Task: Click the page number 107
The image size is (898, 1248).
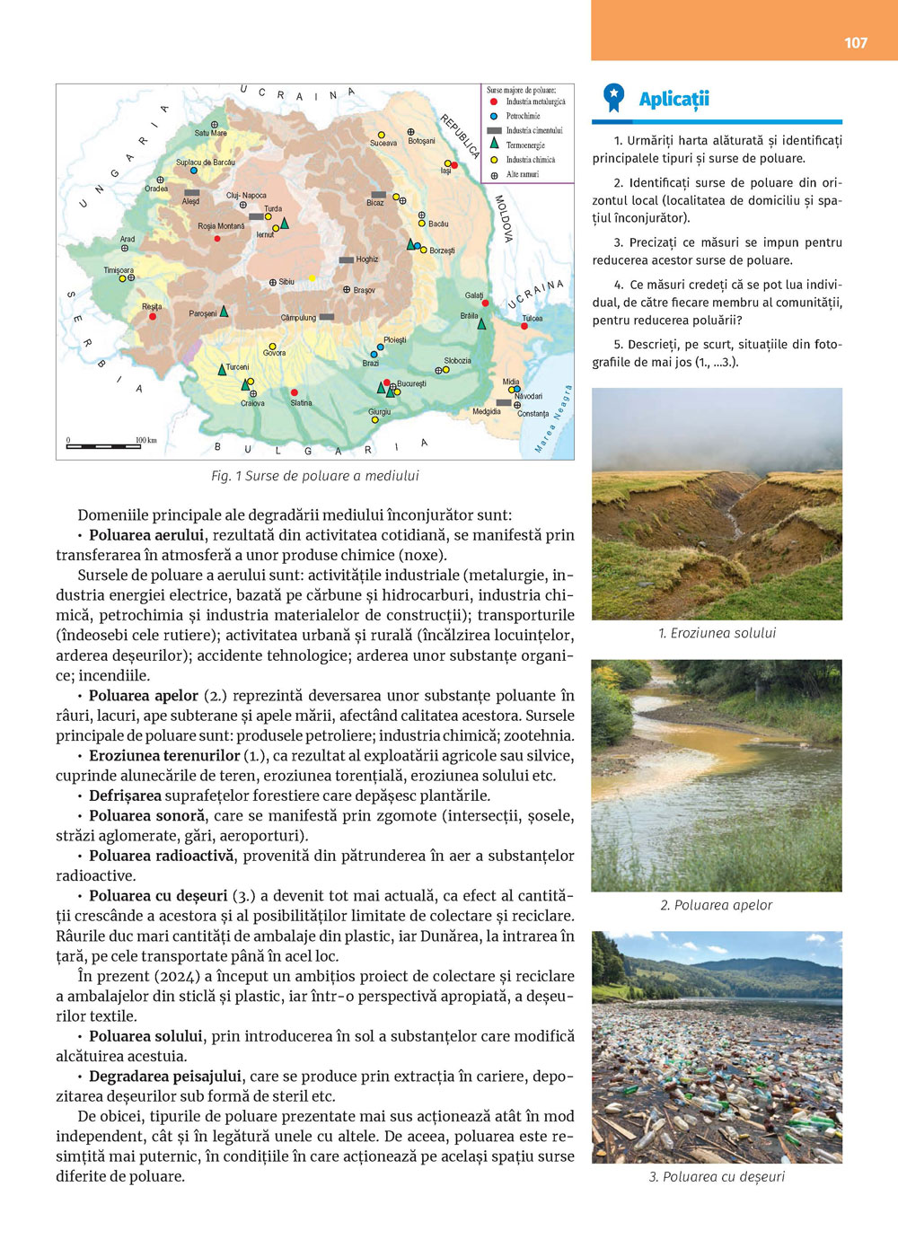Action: tap(856, 42)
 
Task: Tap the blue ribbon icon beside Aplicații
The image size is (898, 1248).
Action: tap(613, 98)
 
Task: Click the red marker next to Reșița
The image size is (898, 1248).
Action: tap(153, 316)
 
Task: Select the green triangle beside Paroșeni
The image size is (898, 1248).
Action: tap(224, 312)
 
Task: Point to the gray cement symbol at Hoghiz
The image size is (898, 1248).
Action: tap(346, 259)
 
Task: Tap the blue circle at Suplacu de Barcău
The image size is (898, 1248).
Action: tap(194, 170)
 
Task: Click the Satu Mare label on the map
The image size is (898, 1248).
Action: tap(211, 133)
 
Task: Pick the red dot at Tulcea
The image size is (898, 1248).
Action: tap(524, 326)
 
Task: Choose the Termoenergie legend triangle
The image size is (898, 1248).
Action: tap(494, 144)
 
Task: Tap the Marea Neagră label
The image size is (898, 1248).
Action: tap(554, 418)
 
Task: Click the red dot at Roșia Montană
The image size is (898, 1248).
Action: tap(217, 238)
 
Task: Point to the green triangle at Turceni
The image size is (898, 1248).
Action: tap(222, 369)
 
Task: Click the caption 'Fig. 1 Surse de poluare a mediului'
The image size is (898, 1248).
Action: tap(315, 476)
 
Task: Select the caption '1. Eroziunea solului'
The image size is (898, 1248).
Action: tap(717, 633)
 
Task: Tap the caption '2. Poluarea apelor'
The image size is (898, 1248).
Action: tap(717, 905)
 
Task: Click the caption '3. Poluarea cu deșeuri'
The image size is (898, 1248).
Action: tap(717, 1176)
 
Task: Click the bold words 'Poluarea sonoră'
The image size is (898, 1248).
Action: tap(147, 815)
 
